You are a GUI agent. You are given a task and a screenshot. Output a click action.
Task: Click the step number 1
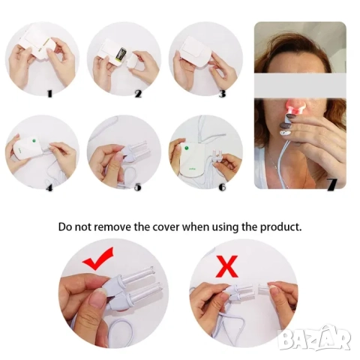[49, 94]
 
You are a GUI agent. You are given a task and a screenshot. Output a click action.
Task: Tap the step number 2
[138, 94]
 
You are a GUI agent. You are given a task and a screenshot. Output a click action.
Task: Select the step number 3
[222, 94]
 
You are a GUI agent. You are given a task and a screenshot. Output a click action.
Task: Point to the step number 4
[49, 187]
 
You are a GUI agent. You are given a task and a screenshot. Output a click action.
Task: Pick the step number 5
[138, 187]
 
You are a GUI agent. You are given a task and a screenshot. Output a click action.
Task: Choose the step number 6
[222, 187]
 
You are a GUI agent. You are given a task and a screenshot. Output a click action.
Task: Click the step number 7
[333, 185]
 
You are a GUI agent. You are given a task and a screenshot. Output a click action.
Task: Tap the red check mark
[98, 259]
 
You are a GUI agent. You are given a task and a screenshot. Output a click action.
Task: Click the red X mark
[228, 266]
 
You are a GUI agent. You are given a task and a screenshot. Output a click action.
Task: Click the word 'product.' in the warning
[281, 227]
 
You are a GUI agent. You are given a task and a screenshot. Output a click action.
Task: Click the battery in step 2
[122, 54]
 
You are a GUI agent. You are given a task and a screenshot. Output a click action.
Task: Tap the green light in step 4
[34, 140]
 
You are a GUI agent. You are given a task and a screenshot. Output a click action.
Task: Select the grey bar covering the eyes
[300, 85]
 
